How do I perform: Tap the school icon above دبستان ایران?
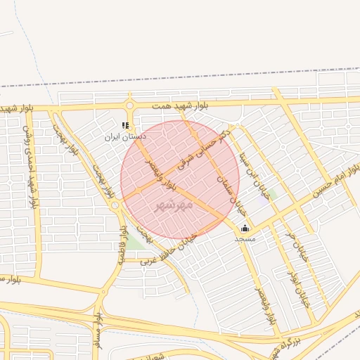125,126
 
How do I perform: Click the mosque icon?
245,228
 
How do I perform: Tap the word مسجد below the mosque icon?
245,239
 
